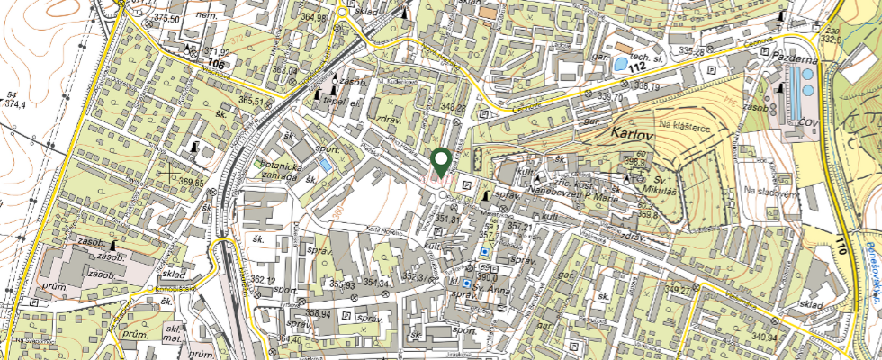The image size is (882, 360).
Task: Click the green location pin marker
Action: click(x=441, y=162)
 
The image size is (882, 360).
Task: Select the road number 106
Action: click(x=215, y=63)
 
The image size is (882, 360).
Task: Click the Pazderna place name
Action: click(x=793, y=56)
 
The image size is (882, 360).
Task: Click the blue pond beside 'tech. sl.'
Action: click(x=621, y=64)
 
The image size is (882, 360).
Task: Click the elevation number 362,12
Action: click(x=264, y=280)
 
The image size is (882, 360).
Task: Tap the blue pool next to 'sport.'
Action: click(x=324, y=166)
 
